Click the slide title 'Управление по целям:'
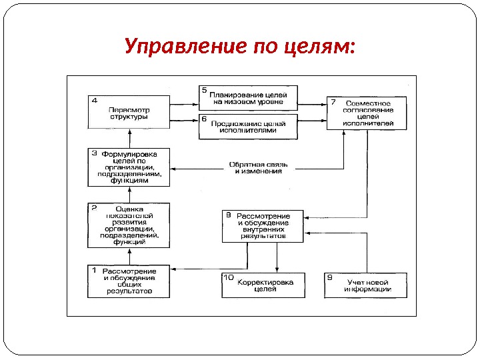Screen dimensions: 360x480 [240, 47]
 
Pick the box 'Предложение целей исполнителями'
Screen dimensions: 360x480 [248, 126]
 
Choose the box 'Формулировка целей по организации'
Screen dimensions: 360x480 [129, 167]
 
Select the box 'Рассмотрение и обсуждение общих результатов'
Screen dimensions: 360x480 [129, 281]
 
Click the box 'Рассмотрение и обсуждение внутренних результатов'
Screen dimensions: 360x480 [263, 226]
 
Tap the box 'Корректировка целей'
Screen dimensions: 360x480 [263, 285]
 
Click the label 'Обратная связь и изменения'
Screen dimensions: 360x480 [255, 167]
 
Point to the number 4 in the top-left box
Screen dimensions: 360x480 [94, 101]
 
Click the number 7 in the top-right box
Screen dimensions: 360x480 [332, 101]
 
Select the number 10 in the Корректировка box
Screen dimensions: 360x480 [228, 277]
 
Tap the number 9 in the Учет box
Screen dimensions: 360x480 [330, 276]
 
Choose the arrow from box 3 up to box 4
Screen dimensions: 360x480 [130, 138]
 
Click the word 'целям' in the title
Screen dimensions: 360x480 [320, 47]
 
